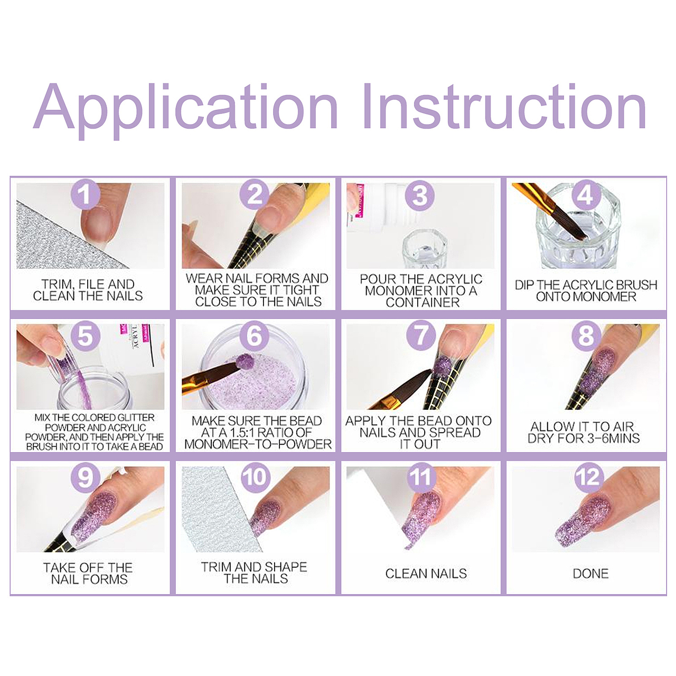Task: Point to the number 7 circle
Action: [421, 335]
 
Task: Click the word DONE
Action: [590, 574]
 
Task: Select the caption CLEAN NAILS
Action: [426, 574]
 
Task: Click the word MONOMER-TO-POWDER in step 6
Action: [258, 444]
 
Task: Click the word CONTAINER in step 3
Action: [422, 303]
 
